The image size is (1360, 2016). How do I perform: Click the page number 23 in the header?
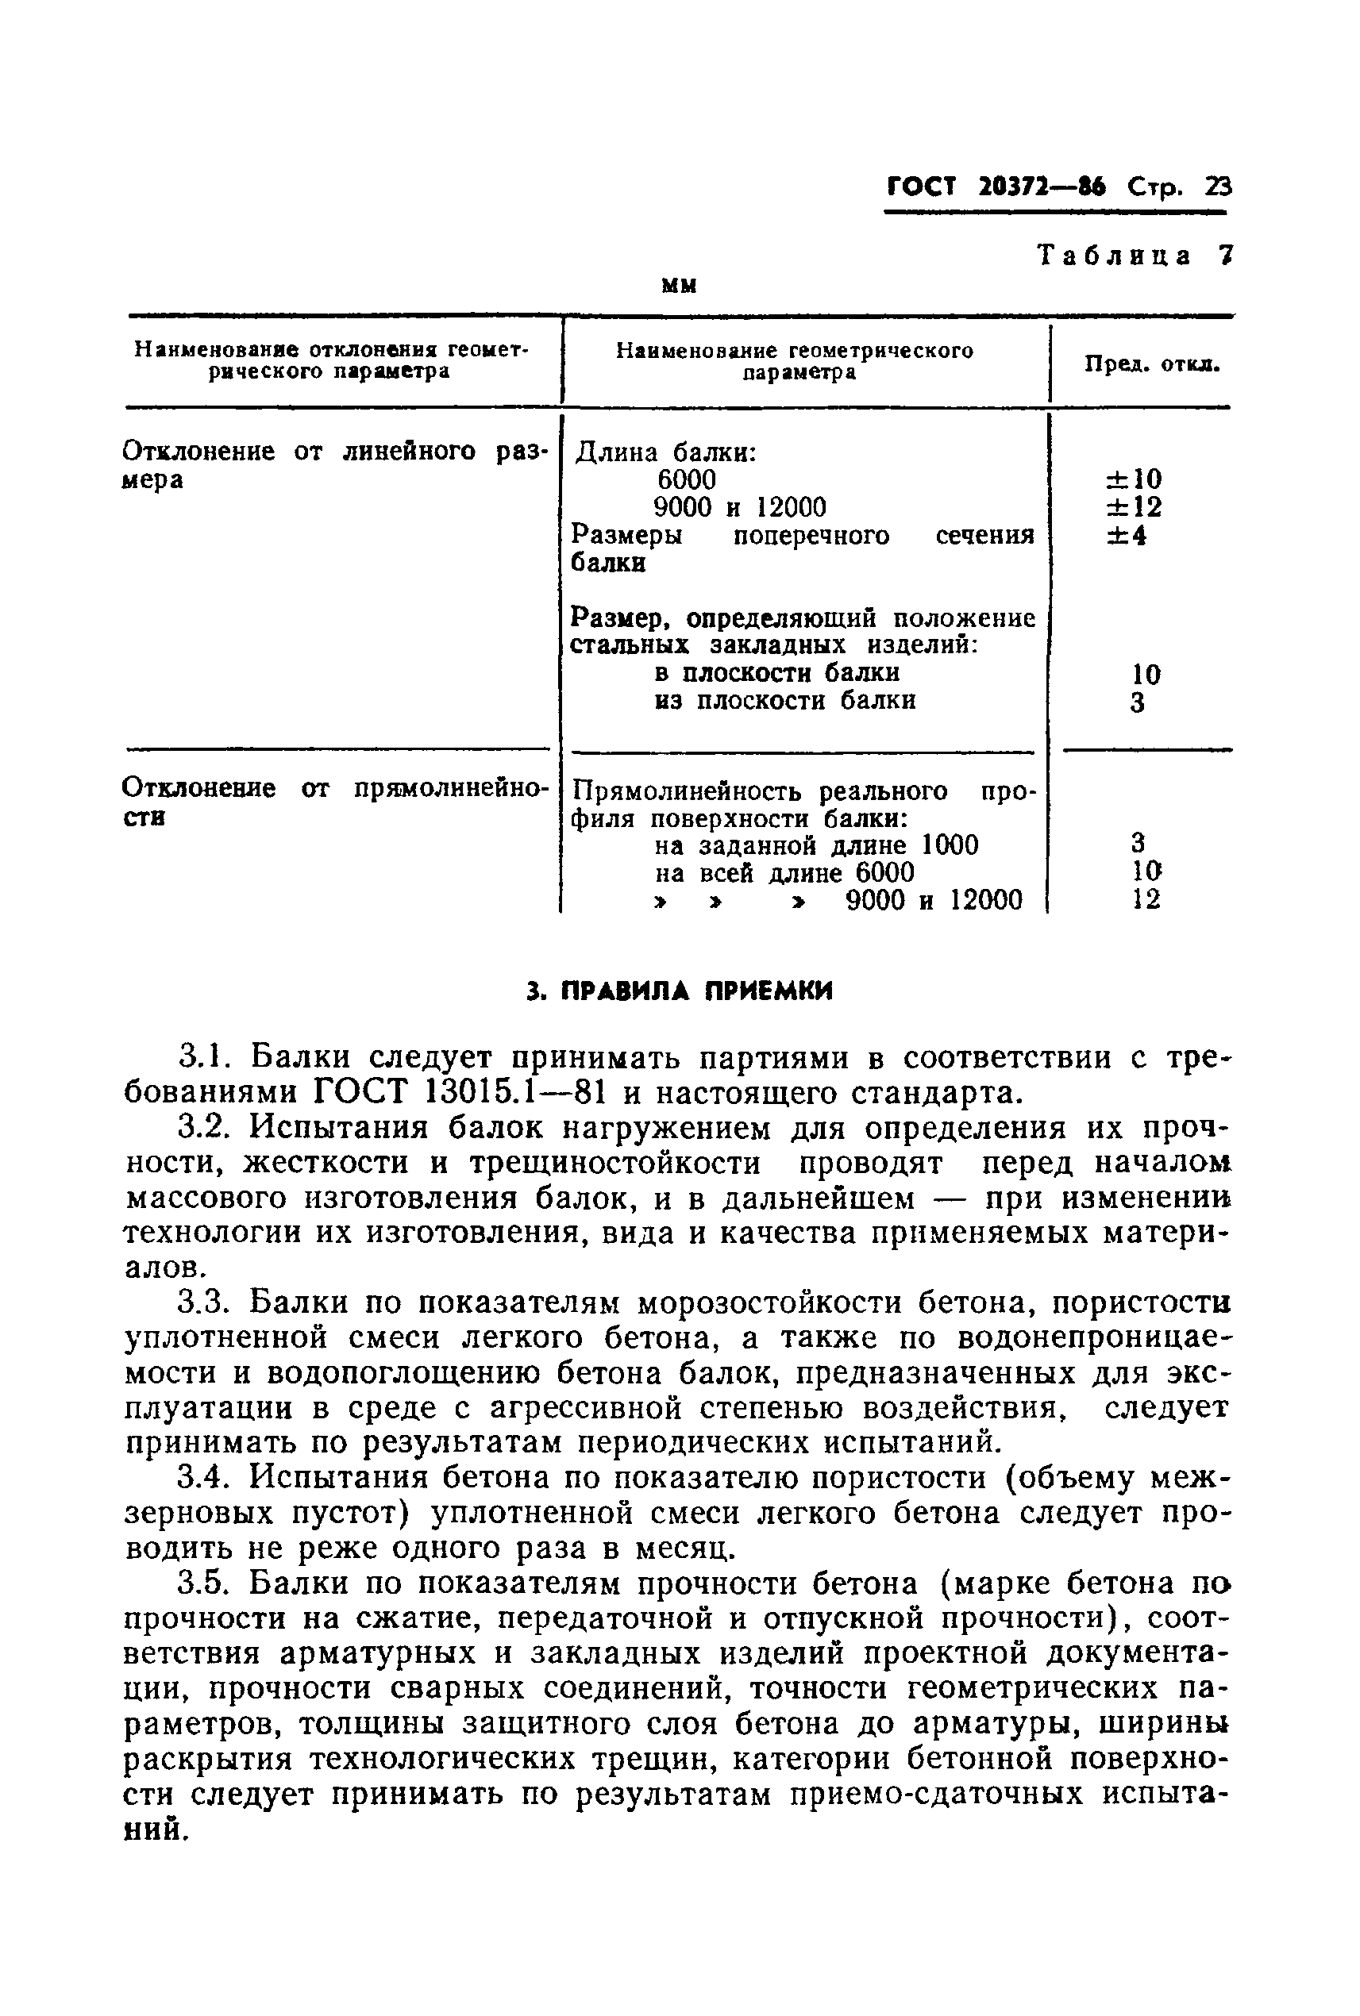[x=1217, y=187]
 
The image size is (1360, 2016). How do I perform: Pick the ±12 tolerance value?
[x=1134, y=507]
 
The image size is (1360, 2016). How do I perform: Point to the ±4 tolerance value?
[x=1127, y=536]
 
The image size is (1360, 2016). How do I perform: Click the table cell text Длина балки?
[x=666, y=452]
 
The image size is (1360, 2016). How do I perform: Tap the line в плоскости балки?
[x=776, y=673]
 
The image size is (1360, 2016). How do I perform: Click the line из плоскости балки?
[x=784, y=701]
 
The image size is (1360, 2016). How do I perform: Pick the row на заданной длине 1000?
[x=816, y=844]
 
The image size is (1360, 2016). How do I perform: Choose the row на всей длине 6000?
[x=784, y=872]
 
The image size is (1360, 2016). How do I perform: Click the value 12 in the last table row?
[x=1146, y=899]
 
